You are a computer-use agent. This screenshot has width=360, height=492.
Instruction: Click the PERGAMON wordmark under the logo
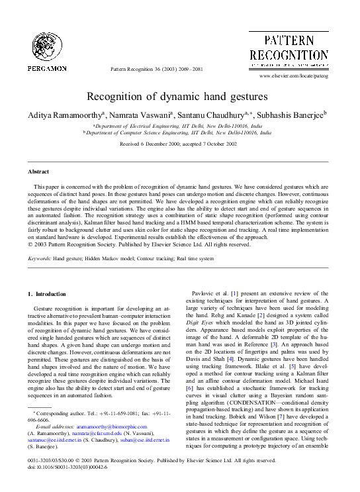46,68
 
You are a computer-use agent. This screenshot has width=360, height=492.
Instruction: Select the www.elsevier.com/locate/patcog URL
294,76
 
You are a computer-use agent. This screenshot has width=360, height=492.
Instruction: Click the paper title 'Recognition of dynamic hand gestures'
179,97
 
